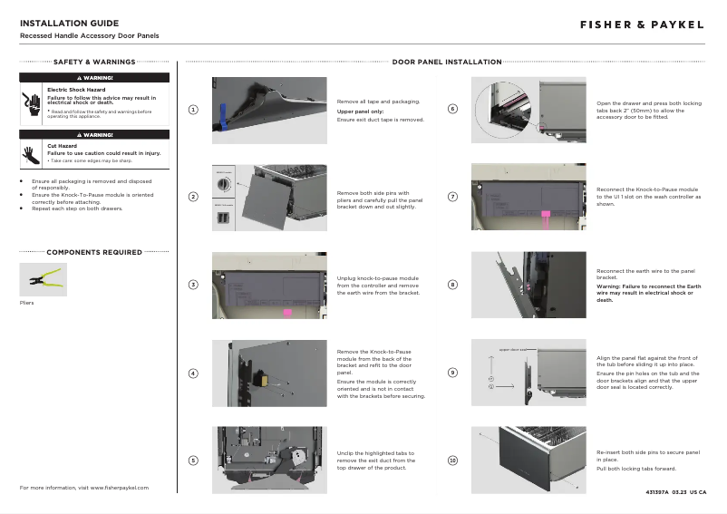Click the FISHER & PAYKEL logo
(x=642, y=24)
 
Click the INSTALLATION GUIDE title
(x=69, y=23)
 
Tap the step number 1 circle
(x=193, y=110)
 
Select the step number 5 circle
(x=193, y=461)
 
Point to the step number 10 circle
(x=453, y=461)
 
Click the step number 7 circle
(x=453, y=198)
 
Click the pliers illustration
(x=40, y=277)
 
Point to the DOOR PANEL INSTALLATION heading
(x=447, y=63)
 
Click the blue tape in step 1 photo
(x=221, y=116)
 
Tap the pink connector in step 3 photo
(x=288, y=313)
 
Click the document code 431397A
(x=656, y=492)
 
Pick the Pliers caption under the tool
(x=26, y=302)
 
